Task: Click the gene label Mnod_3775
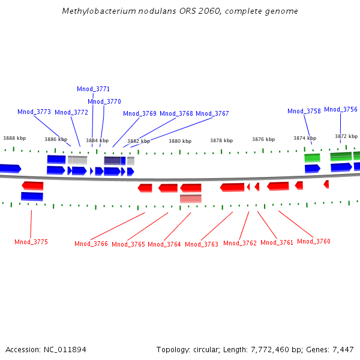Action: click(x=31, y=242)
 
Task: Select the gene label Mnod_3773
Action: click(x=34, y=112)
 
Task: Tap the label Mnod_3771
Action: click(x=93, y=89)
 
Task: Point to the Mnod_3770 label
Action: click(x=104, y=102)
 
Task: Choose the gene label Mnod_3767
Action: click(x=212, y=114)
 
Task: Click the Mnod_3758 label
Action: click(x=304, y=112)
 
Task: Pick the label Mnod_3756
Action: click(x=341, y=110)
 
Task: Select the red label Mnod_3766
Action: click(x=91, y=244)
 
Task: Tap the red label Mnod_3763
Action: click(x=202, y=245)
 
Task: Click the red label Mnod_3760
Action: click(x=314, y=242)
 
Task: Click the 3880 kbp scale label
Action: click(x=180, y=142)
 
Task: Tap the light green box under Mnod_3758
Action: click(x=312, y=158)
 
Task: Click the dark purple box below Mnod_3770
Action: click(x=112, y=161)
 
